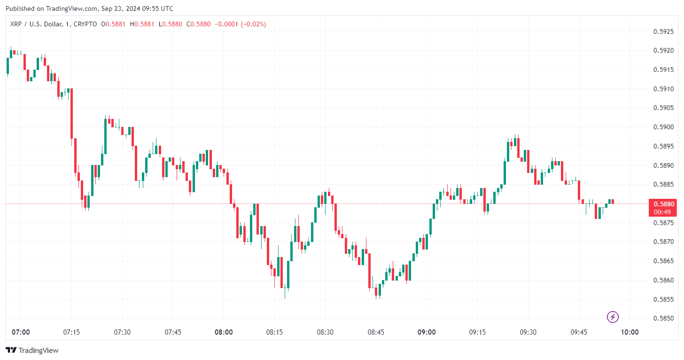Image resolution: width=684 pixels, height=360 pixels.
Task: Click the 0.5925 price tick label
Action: click(664, 32)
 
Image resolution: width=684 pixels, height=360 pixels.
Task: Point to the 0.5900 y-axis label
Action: click(664, 127)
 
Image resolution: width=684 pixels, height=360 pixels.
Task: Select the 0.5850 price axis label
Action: click(664, 318)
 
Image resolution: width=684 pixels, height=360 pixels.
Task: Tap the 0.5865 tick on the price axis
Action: click(664, 261)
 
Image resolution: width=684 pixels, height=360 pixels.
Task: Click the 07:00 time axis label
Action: click(21, 332)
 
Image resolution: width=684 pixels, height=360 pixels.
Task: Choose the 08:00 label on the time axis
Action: click(224, 332)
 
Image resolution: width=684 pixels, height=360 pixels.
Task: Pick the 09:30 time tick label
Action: click(528, 332)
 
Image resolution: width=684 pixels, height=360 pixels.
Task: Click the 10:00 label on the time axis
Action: click(630, 332)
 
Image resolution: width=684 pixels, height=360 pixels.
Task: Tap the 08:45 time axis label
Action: click(376, 332)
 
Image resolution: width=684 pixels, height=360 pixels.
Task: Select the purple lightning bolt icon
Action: click(613, 317)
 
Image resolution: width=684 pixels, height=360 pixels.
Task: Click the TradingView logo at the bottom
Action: click(32, 350)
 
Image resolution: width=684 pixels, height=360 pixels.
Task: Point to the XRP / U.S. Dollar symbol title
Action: click(38, 24)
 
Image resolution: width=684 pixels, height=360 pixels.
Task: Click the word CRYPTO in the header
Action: click(85, 24)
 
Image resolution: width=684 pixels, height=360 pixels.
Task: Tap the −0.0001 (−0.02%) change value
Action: click(240, 24)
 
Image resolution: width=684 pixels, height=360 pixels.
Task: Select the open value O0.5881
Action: click(113, 24)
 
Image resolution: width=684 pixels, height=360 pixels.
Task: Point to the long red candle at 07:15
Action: click(71, 113)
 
